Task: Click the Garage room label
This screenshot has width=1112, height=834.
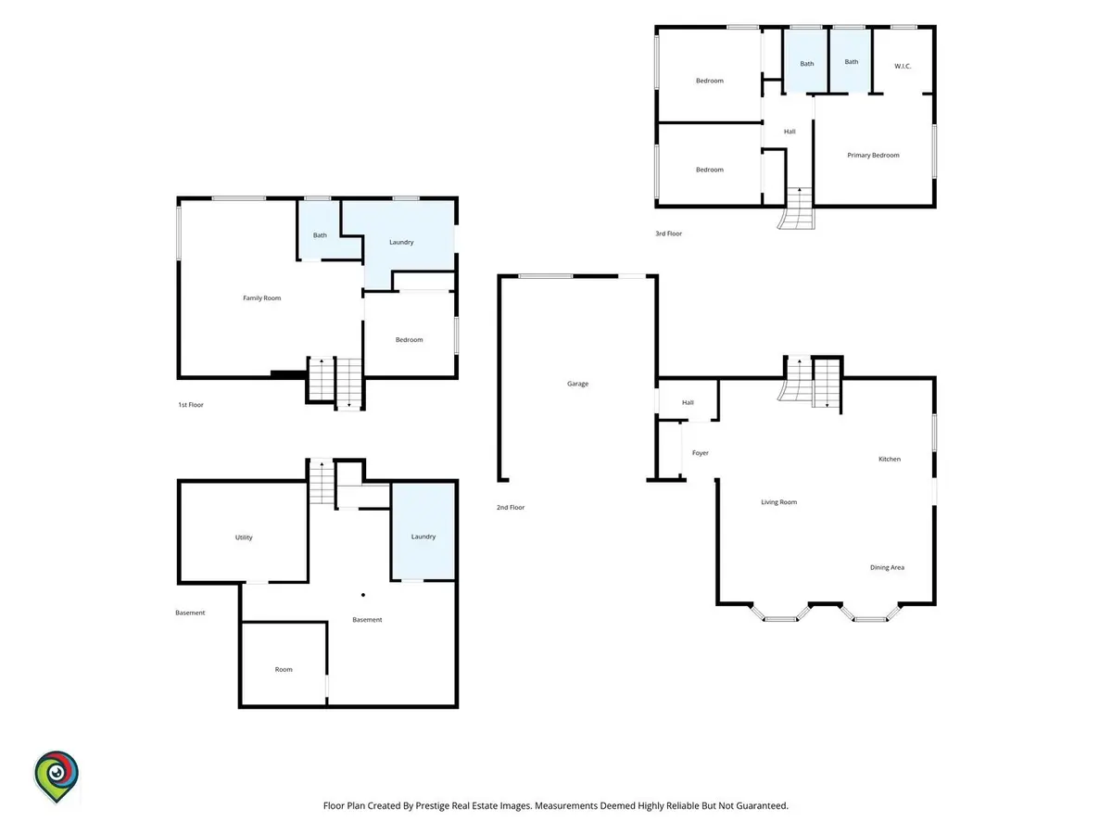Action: pyautogui.click(x=577, y=384)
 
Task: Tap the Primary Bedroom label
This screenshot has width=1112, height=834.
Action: pyautogui.click(x=872, y=155)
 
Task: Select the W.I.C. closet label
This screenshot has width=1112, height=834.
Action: pyautogui.click(x=902, y=66)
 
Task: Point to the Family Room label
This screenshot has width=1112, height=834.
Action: pyautogui.click(x=261, y=297)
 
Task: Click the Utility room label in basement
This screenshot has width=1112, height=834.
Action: pyautogui.click(x=243, y=537)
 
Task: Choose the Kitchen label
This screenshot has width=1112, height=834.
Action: pyautogui.click(x=889, y=459)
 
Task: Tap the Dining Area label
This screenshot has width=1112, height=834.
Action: pyautogui.click(x=887, y=567)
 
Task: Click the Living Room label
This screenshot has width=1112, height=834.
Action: pyautogui.click(x=778, y=502)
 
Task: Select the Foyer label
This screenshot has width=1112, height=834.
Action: pyautogui.click(x=700, y=453)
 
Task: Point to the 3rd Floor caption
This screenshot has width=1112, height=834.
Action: pyautogui.click(x=668, y=234)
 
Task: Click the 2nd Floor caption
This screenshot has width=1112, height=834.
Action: pyautogui.click(x=511, y=507)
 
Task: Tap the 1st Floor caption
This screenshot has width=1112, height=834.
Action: pyautogui.click(x=191, y=405)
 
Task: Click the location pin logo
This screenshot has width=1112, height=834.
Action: pyautogui.click(x=57, y=777)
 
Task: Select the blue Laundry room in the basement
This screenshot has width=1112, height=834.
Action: pyautogui.click(x=423, y=531)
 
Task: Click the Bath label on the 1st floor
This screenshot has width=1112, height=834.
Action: pyautogui.click(x=319, y=235)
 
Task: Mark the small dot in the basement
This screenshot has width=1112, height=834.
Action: pyautogui.click(x=362, y=595)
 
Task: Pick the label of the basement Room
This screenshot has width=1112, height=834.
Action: pyautogui.click(x=284, y=669)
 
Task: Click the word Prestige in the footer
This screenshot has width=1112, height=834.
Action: pyautogui.click(x=432, y=805)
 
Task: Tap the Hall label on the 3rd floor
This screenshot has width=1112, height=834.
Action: pyautogui.click(x=789, y=132)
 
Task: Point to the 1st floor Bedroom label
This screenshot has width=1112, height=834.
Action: pyautogui.click(x=409, y=340)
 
